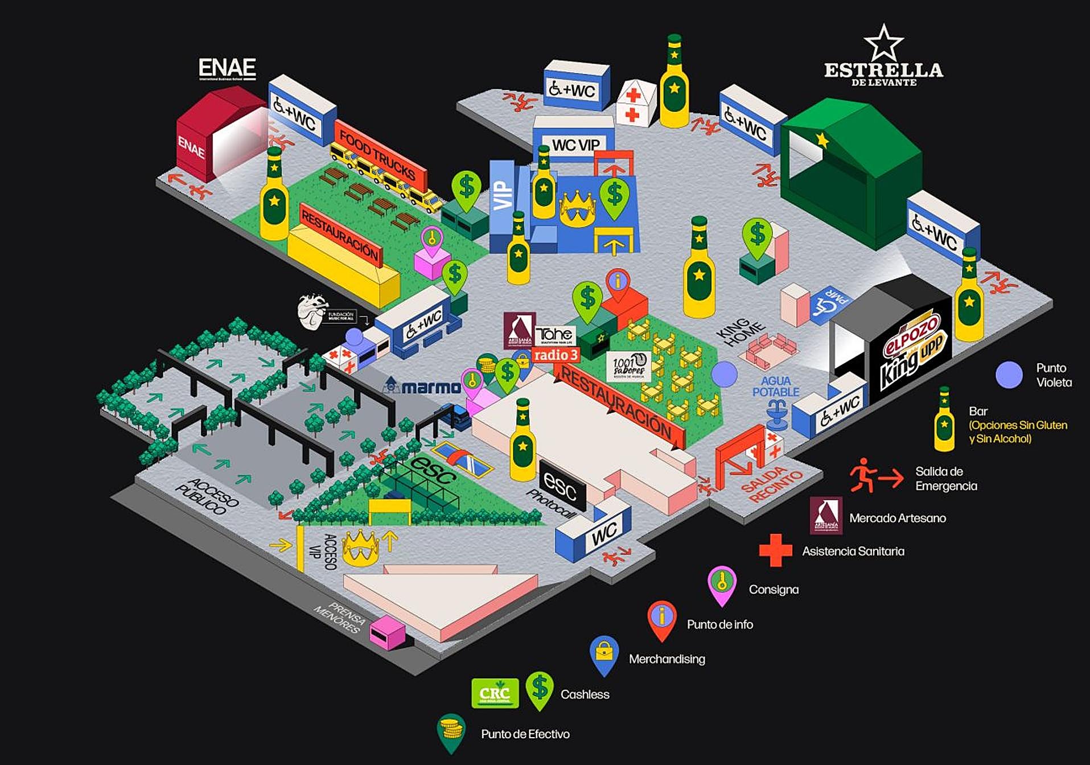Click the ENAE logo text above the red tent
pyautogui.click(x=227, y=69)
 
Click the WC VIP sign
pyautogui.click(x=575, y=145)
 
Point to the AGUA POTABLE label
pyautogui.click(x=776, y=386)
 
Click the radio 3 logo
pyautogui.click(x=555, y=355)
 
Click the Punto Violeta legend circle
pyautogui.click(x=1009, y=375)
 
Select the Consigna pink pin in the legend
pyautogui.click(x=722, y=585)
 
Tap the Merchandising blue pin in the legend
pyautogui.click(x=604, y=654)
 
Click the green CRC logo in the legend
pyautogui.click(x=495, y=693)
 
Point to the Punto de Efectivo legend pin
pyautogui.click(x=451, y=731)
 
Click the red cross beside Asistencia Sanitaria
pyautogui.click(x=775, y=550)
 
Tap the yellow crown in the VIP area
pyautogui.click(x=577, y=208)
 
